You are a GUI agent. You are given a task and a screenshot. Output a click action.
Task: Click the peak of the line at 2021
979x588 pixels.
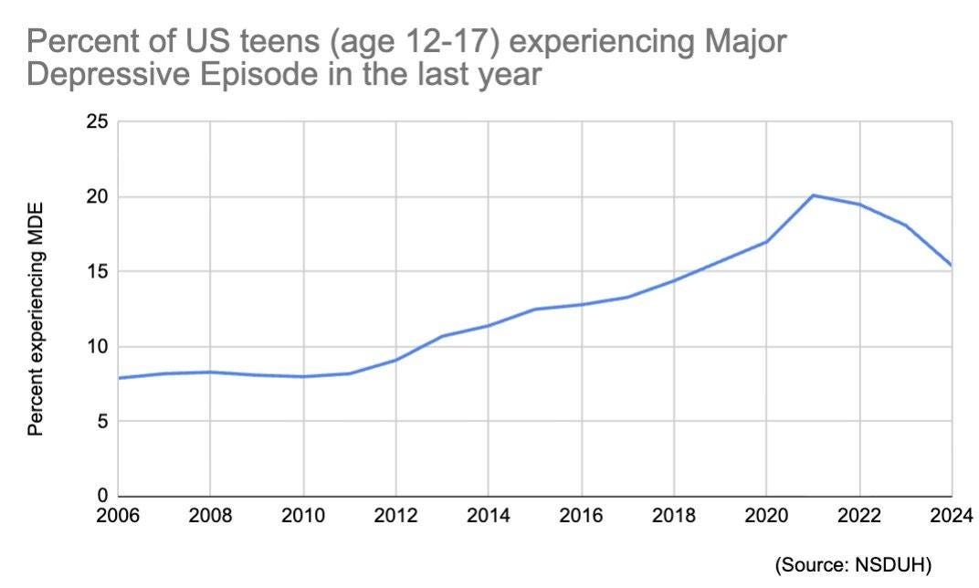point(813,195)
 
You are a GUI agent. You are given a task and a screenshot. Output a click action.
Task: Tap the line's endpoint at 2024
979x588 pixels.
point(951,265)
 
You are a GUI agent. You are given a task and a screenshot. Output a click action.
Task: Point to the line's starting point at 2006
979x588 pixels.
point(119,378)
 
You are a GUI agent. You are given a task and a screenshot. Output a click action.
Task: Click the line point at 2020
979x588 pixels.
point(766,241)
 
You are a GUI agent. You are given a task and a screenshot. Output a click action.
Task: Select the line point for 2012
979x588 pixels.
point(395,360)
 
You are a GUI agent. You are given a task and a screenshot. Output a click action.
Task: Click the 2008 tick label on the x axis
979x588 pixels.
point(210,516)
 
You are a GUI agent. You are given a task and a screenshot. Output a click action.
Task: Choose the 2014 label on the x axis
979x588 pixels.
point(488,516)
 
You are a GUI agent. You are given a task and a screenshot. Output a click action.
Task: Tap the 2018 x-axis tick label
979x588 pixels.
point(673,516)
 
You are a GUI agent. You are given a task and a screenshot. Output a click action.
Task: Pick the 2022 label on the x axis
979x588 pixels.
point(858,516)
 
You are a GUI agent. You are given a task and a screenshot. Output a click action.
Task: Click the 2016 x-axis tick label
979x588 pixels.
point(581,516)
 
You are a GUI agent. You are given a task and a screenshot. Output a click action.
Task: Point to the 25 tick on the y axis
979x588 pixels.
point(96,122)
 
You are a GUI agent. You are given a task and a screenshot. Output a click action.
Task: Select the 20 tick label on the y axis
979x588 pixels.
point(96,197)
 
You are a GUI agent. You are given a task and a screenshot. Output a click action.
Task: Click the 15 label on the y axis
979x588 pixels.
point(96,272)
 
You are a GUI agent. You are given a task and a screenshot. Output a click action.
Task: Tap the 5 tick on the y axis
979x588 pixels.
point(101,422)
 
